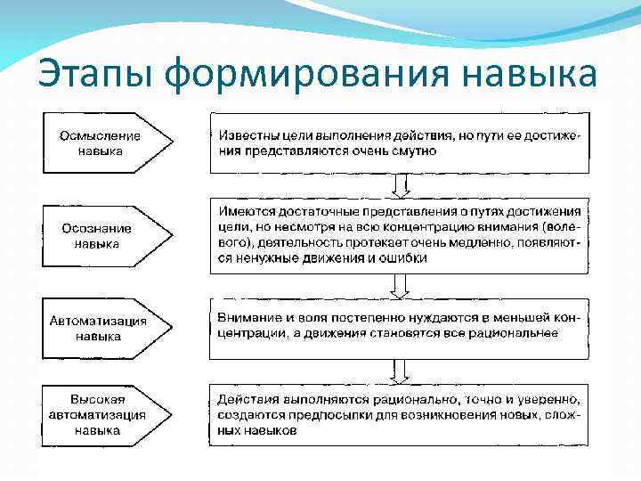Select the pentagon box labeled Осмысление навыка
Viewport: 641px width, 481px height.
click(102, 143)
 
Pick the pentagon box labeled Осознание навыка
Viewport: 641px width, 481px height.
click(102, 236)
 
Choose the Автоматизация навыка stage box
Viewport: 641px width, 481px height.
click(102, 329)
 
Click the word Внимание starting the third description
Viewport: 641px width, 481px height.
click(249, 317)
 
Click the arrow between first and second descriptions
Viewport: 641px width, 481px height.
click(401, 185)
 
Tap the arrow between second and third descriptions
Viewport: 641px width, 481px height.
click(401, 286)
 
